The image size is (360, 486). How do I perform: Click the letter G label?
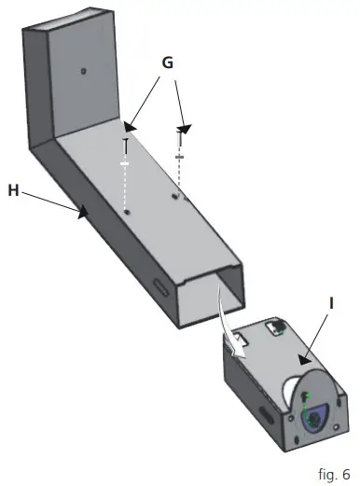(167, 63)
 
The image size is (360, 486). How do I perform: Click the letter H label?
(13, 189)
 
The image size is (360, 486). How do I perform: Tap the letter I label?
(332, 303)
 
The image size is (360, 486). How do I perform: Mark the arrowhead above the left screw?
(132, 123)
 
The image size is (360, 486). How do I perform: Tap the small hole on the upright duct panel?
(83, 71)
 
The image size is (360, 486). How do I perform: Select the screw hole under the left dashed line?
(126, 212)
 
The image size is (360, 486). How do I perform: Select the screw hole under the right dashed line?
(176, 197)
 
